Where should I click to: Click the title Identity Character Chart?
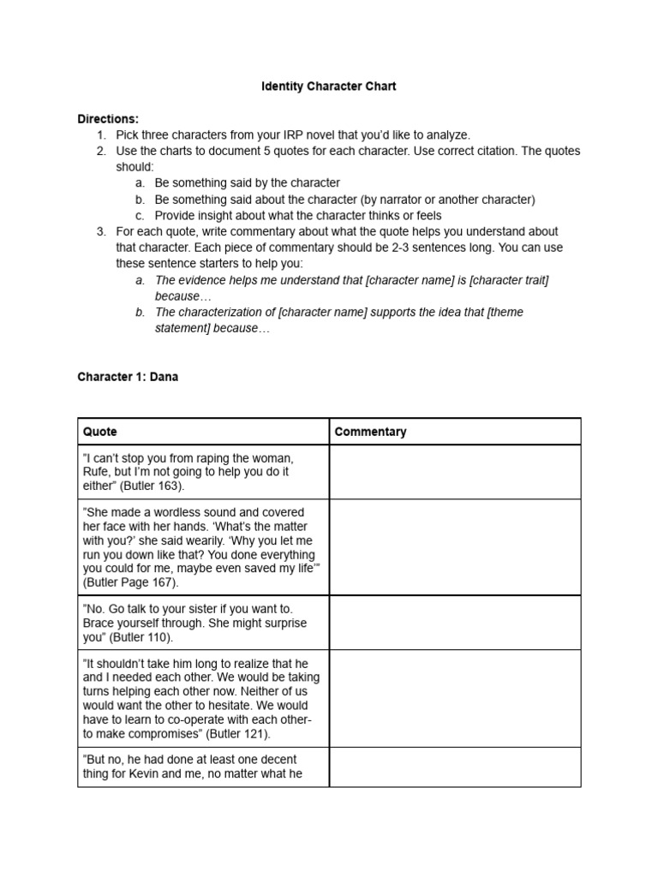[329, 87]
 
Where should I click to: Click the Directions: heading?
[108, 119]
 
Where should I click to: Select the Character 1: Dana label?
[128, 376]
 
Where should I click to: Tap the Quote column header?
[100, 432]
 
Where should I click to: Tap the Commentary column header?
[370, 432]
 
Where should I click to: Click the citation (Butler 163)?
[147, 486]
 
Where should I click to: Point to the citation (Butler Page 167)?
[131, 582]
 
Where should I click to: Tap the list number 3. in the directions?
[101, 231]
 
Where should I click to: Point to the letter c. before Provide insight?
[141, 215]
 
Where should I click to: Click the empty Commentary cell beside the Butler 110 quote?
[454, 623]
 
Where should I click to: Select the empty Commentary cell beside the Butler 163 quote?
[454, 472]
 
